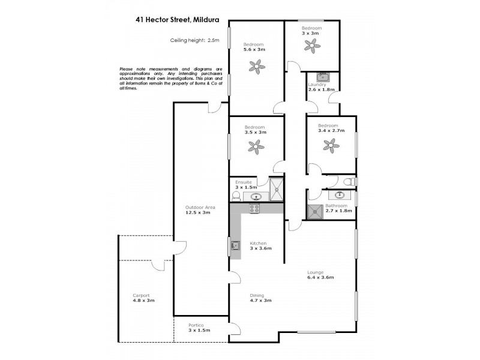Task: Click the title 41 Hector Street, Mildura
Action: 177,20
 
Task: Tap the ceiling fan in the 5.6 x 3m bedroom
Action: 257,67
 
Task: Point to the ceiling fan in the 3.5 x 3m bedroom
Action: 257,146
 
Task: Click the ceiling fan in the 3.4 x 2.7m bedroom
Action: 330,145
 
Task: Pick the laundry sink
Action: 322,76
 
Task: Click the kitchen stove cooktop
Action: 254,209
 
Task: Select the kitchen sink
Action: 236,245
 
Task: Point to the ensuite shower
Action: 277,190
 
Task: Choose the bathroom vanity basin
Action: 340,194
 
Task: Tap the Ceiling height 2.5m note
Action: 196,41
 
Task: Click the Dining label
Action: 257,295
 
